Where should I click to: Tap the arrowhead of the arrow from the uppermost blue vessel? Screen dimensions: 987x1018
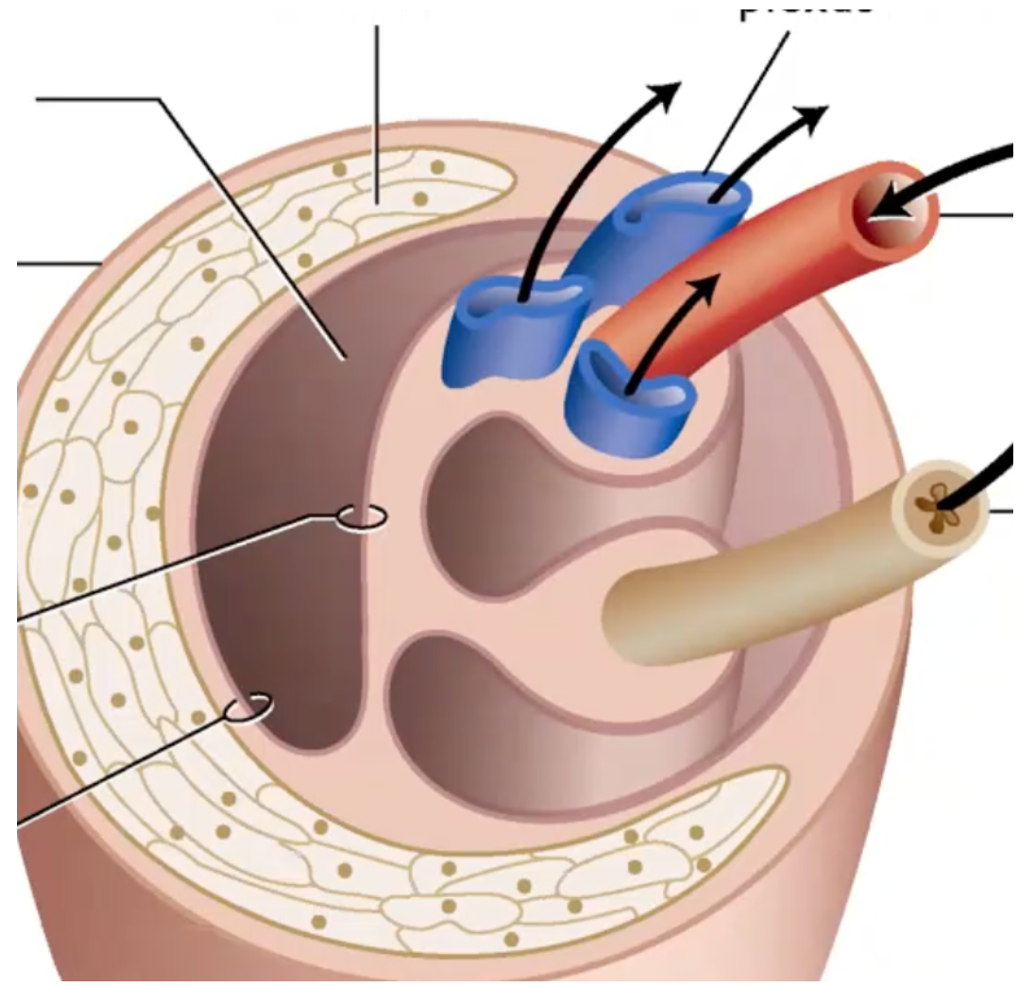[x=812, y=115]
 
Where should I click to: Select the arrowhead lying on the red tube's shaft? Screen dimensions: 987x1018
[x=708, y=288]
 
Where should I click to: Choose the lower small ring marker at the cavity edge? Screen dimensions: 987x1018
[x=250, y=705]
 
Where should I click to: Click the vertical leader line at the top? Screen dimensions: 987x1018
[x=379, y=113]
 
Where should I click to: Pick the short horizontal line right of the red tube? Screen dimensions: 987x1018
[x=976, y=215]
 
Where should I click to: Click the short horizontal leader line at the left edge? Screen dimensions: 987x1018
[x=57, y=263]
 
